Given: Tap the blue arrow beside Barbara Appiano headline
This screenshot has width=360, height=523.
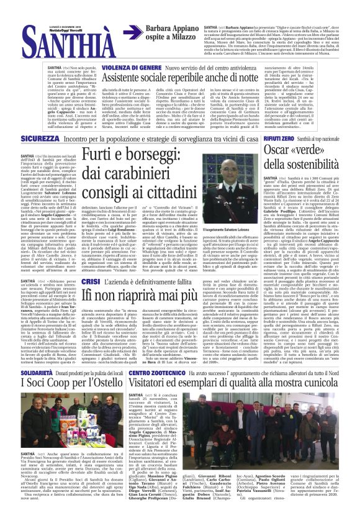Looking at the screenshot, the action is click(x=132, y=34).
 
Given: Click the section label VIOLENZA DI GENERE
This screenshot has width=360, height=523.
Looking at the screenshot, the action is click(x=132, y=66).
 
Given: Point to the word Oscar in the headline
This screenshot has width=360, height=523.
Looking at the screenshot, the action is click(x=297, y=151).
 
